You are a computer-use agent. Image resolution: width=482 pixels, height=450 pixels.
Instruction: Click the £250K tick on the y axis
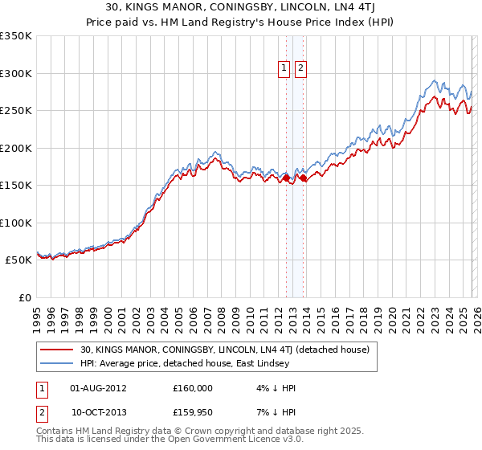click(16, 111)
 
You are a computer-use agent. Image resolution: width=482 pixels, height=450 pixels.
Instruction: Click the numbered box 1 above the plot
click(285, 69)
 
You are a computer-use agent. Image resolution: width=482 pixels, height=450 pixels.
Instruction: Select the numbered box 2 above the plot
click(300, 69)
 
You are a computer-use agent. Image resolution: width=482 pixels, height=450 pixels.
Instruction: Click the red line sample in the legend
click(57, 350)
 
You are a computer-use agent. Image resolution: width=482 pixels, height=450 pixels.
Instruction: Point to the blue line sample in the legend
click(57, 363)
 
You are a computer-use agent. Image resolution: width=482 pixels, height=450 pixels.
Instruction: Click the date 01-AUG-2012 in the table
click(98, 388)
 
